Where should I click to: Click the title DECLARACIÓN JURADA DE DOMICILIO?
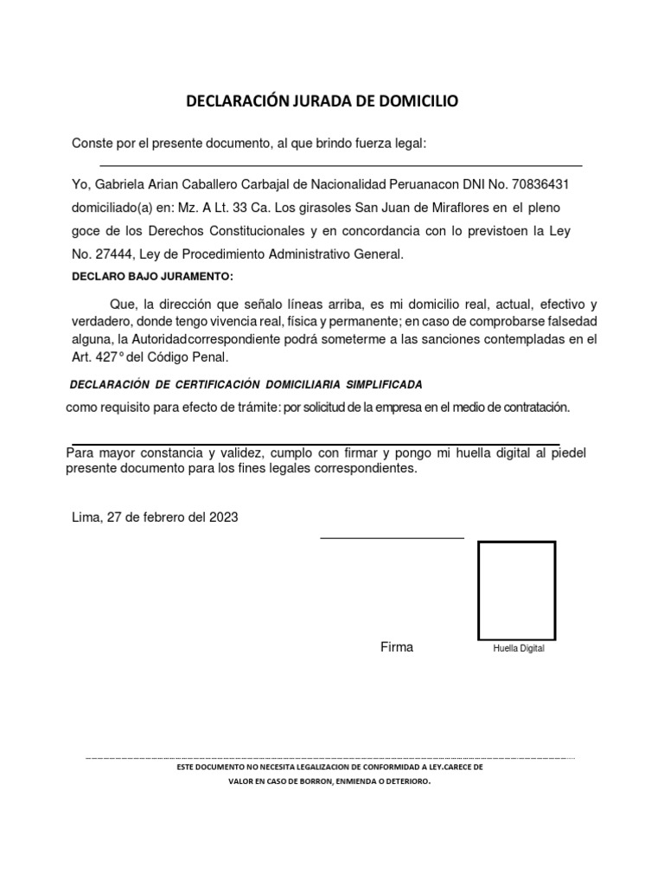pos(324,102)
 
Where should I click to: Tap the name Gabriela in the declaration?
pos(121,185)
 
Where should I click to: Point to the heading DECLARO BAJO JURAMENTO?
pos(152,276)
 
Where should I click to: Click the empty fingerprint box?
pos(516,590)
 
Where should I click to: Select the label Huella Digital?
pos(518,649)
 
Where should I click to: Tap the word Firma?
pos(397,647)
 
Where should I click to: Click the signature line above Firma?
pos(392,537)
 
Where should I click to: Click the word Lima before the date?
pos(86,517)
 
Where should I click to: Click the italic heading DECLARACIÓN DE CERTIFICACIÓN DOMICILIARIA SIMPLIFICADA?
pos(245,383)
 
